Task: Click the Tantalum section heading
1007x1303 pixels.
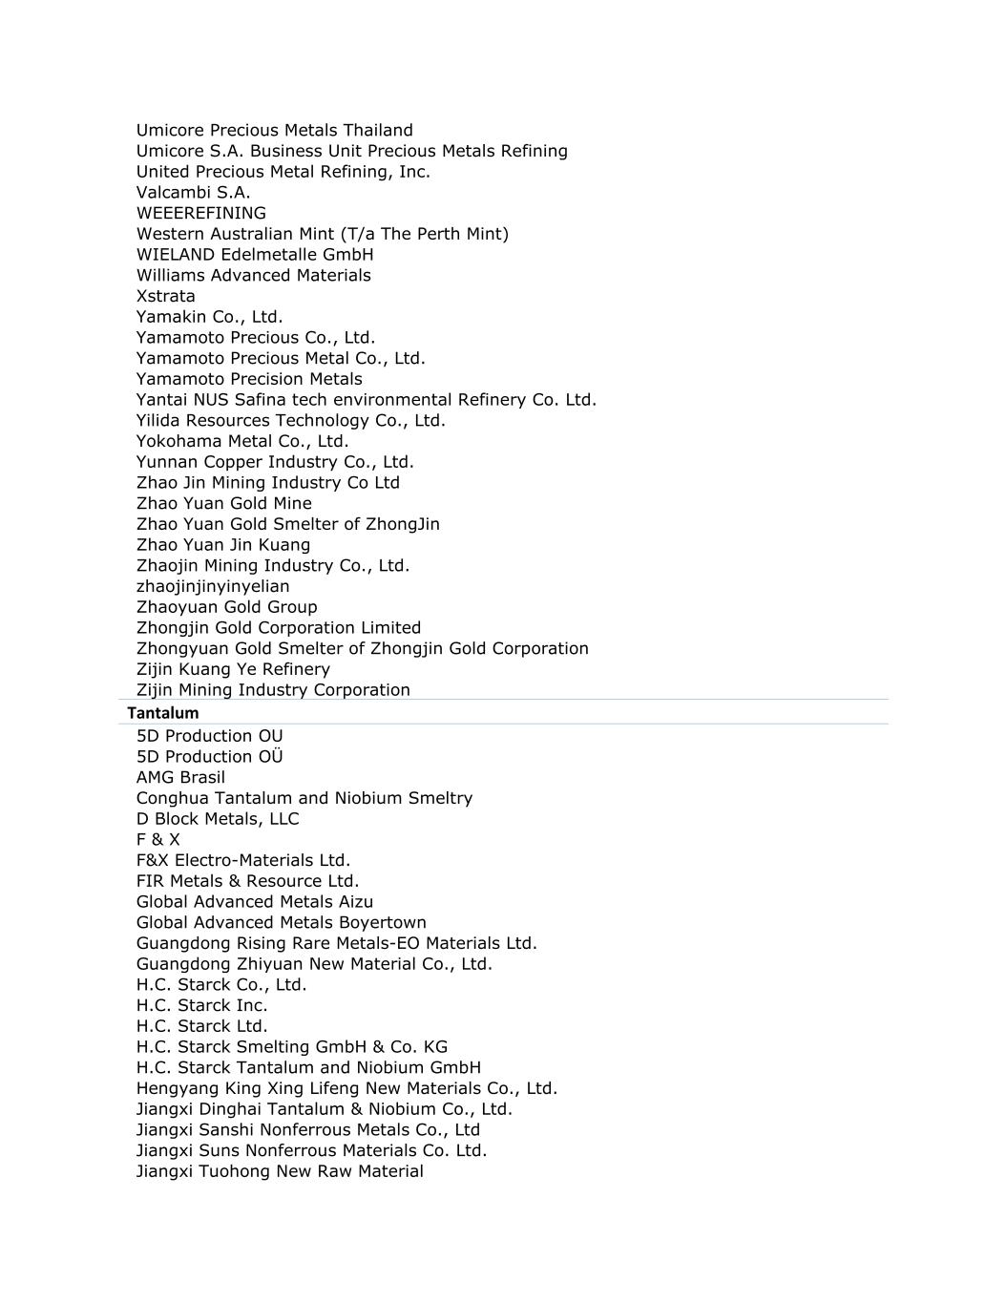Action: pos(163,713)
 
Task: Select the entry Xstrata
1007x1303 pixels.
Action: pos(165,296)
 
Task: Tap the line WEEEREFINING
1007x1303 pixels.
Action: pos(200,213)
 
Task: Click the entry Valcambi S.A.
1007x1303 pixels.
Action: pos(193,192)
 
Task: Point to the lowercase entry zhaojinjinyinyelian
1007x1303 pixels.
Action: pos(212,586)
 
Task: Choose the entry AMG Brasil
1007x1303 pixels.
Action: pos(180,777)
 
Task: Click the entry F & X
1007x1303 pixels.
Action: pos(157,839)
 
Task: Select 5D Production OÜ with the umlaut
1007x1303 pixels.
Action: pos(209,756)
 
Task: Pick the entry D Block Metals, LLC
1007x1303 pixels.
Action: pos(217,818)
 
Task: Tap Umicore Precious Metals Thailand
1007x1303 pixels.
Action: pos(274,130)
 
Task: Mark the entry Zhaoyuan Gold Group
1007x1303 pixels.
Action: pos(226,607)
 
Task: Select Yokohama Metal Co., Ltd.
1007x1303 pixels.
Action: pos(241,441)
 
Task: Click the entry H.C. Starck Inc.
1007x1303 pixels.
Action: pos(201,1005)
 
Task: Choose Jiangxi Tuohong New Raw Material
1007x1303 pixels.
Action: pos(280,1171)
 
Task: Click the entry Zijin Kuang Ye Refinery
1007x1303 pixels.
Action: pos(233,669)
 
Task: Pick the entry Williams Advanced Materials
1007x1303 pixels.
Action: pos(253,275)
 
